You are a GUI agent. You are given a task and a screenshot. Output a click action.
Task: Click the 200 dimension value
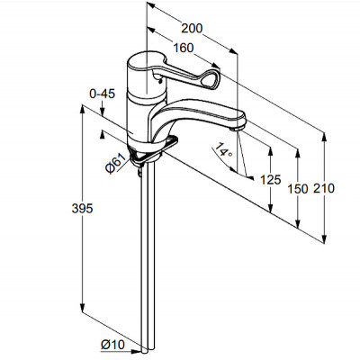point(192,29)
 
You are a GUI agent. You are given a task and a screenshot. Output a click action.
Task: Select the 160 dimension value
point(184,48)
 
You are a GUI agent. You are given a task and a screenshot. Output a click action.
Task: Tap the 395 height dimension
point(82,208)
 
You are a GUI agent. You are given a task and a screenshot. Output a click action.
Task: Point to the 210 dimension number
point(324,188)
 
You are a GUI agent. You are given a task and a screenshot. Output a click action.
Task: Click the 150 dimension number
point(298,189)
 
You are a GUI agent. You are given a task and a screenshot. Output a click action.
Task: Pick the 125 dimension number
point(271,180)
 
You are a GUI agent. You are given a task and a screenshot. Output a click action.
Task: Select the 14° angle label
point(223,150)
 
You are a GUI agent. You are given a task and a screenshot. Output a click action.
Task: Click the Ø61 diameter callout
point(115,163)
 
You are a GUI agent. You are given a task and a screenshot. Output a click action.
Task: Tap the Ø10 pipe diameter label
point(112,345)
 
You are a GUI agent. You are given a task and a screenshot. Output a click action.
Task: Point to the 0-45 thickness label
point(102,94)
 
